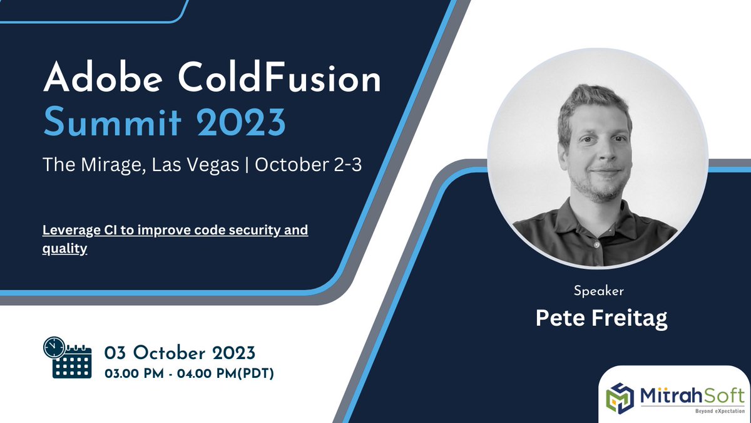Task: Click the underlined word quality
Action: (64, 249)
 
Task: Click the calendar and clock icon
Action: (67, 357)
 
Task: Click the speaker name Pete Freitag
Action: (601, 317)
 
